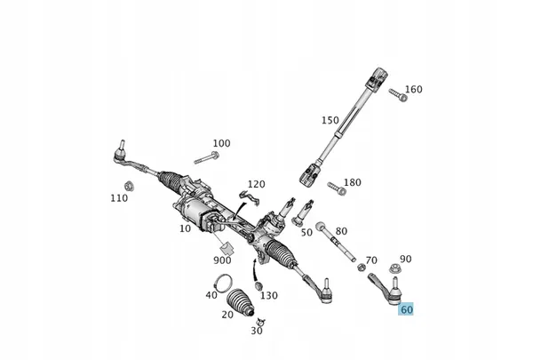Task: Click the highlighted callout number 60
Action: click(x=407, y=310)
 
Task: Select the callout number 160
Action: click(x=414, y=90)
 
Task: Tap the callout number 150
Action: click(x=330, y=120)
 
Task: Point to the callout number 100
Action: click(x=221, y=143)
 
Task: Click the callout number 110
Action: click(x=119, y=198)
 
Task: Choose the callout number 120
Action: click(x=256, y=184)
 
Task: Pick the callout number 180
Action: click(x=353, y=182)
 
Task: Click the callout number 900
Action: click(x=222, y=260)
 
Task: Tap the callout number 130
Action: click(x=269, y=295)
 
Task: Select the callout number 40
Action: click(x=211, y=295)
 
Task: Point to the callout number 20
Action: click(x=227, y=314)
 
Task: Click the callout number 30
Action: click(x=257, y=331)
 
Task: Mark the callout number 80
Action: click(x=341, y=231)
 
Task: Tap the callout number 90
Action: click(x=405, y=259)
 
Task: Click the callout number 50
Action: click(x=306, y=232)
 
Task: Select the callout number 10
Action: click(x=185, y=228)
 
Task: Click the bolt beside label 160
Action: click(x=399, y=94)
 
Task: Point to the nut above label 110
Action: click(x=128, y=185)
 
